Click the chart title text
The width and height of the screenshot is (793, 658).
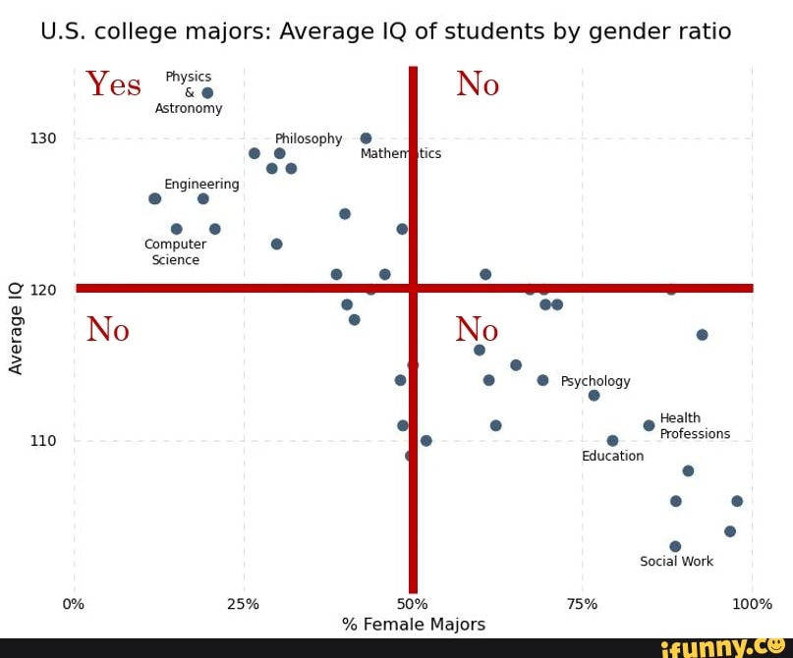tap(385, 31)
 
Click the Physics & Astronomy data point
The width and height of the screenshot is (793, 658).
tap(207, 93)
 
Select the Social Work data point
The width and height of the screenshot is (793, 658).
tap(675, 546)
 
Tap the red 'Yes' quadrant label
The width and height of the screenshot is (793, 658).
tap(114, 84)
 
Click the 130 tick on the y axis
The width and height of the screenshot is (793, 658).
tap(43, 138)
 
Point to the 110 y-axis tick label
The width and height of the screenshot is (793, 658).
tap(43, 441)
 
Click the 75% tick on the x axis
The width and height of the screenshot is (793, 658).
tap(582, 604)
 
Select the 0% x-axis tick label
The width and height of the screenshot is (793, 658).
tap(74, 604)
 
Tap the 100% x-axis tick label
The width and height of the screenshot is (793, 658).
tap(752, 604)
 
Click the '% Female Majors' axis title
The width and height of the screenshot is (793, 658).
tap(413, 625)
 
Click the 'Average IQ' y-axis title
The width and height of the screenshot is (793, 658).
tap(16, 328)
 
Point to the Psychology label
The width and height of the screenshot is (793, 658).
tap(595, 381)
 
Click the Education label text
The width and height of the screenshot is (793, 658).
tap(612, 456)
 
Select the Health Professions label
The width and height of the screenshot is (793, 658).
tap(694, 426)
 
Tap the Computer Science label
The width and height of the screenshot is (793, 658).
tap(175, 252)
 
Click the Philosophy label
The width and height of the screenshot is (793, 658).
tap(309, 138)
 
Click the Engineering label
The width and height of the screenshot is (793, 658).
tap(201, 184)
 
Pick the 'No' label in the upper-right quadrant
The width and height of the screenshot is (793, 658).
tap(478, 85)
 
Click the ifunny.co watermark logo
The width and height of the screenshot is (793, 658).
tap(722, 647)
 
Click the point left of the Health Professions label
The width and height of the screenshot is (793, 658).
tap(649, 425)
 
